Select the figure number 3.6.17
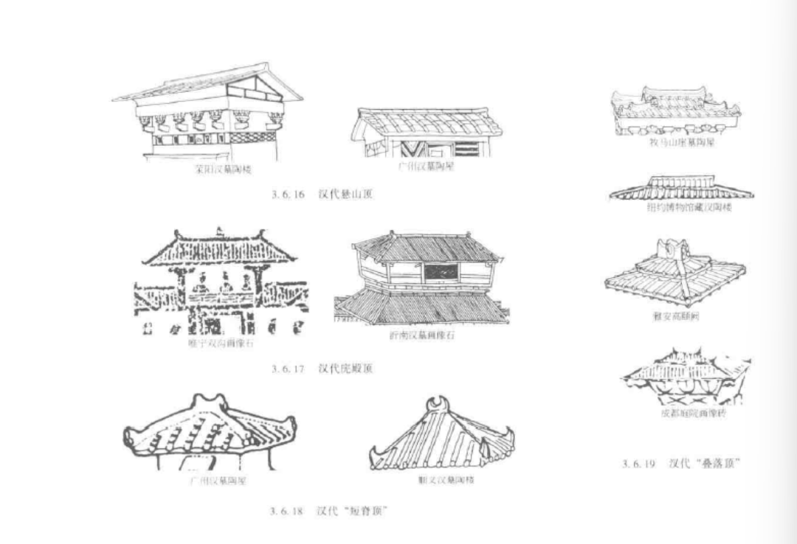pos(288,368)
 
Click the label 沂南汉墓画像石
pos(417,335)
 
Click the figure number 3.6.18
pos(288,510)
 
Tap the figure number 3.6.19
pos(638,464)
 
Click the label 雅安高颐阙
pos(676,317)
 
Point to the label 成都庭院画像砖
pos(693,414)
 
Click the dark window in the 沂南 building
pos(440,272)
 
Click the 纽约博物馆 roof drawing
pos(680,188)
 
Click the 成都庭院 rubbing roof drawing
pos(686,376)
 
